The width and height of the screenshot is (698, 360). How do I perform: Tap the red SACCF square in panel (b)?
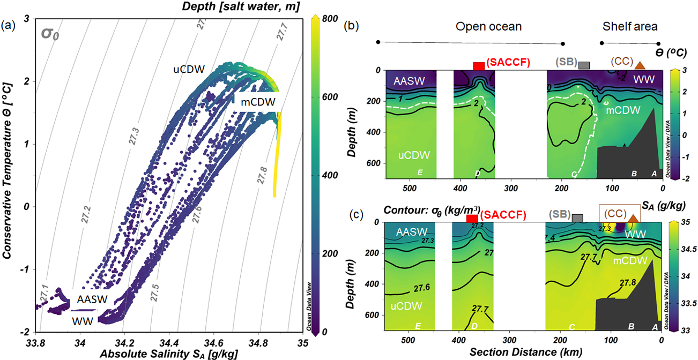[479, 66]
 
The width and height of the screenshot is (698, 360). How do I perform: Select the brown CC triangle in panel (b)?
[640, 65]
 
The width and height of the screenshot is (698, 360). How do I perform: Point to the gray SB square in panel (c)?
[577, 218]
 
